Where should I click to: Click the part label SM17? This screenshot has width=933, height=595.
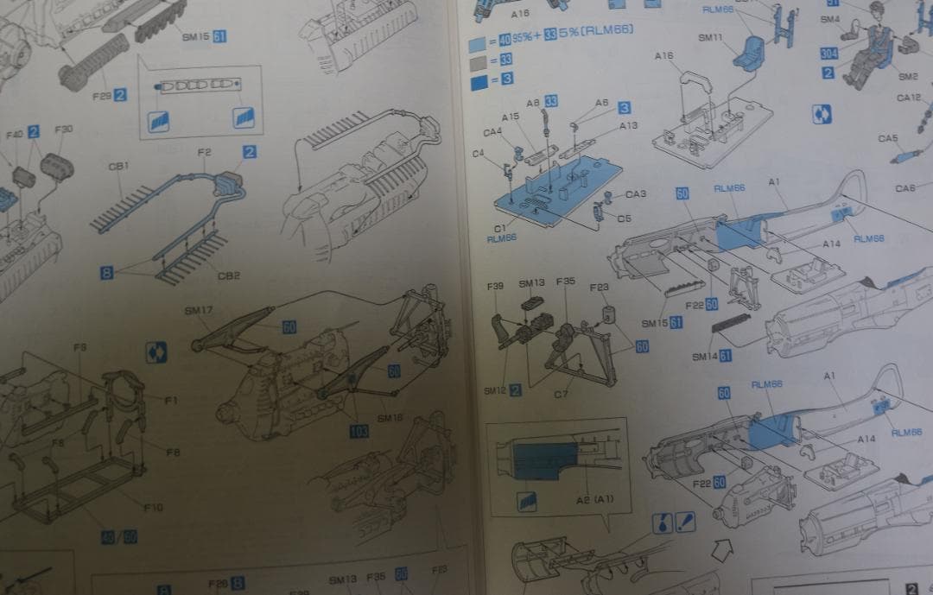pyautogui.click(x=199, y=310)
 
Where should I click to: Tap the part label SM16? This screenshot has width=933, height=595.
pyautogui.click(x=390, y=418)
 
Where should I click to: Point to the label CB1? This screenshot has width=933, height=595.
pyautogui.click(x=118, y=166)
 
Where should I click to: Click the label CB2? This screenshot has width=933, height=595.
pyautogui.click(x=228, y=275)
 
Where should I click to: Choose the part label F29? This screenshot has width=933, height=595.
pyautogui.click(x=102, y=96)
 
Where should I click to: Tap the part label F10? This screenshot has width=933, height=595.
pyautogui.click(x=151, y=507)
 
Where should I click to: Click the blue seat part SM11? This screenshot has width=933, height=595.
pyautogui.click(x=747, y=53)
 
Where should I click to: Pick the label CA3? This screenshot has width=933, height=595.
pyautogui.click(x=635, y=194)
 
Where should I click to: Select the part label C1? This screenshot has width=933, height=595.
pyautogui.click(x=500, y=228)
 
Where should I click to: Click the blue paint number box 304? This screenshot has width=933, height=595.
pyautogui.click(x=829, y=54)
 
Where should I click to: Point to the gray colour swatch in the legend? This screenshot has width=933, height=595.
pyautogui.click(x=476, y=60)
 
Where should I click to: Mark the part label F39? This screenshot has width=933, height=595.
pyautogui.click(x=495, y=284)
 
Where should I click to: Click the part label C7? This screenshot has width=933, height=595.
pyautogui.click(x=562, y=395)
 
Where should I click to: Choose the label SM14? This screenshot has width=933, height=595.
pyautogui.click(x=705, y=357)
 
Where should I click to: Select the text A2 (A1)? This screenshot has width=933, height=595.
pyautogui.click(x=594, y=500)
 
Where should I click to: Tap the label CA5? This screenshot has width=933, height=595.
pyautogui.click(x=888, y=138)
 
